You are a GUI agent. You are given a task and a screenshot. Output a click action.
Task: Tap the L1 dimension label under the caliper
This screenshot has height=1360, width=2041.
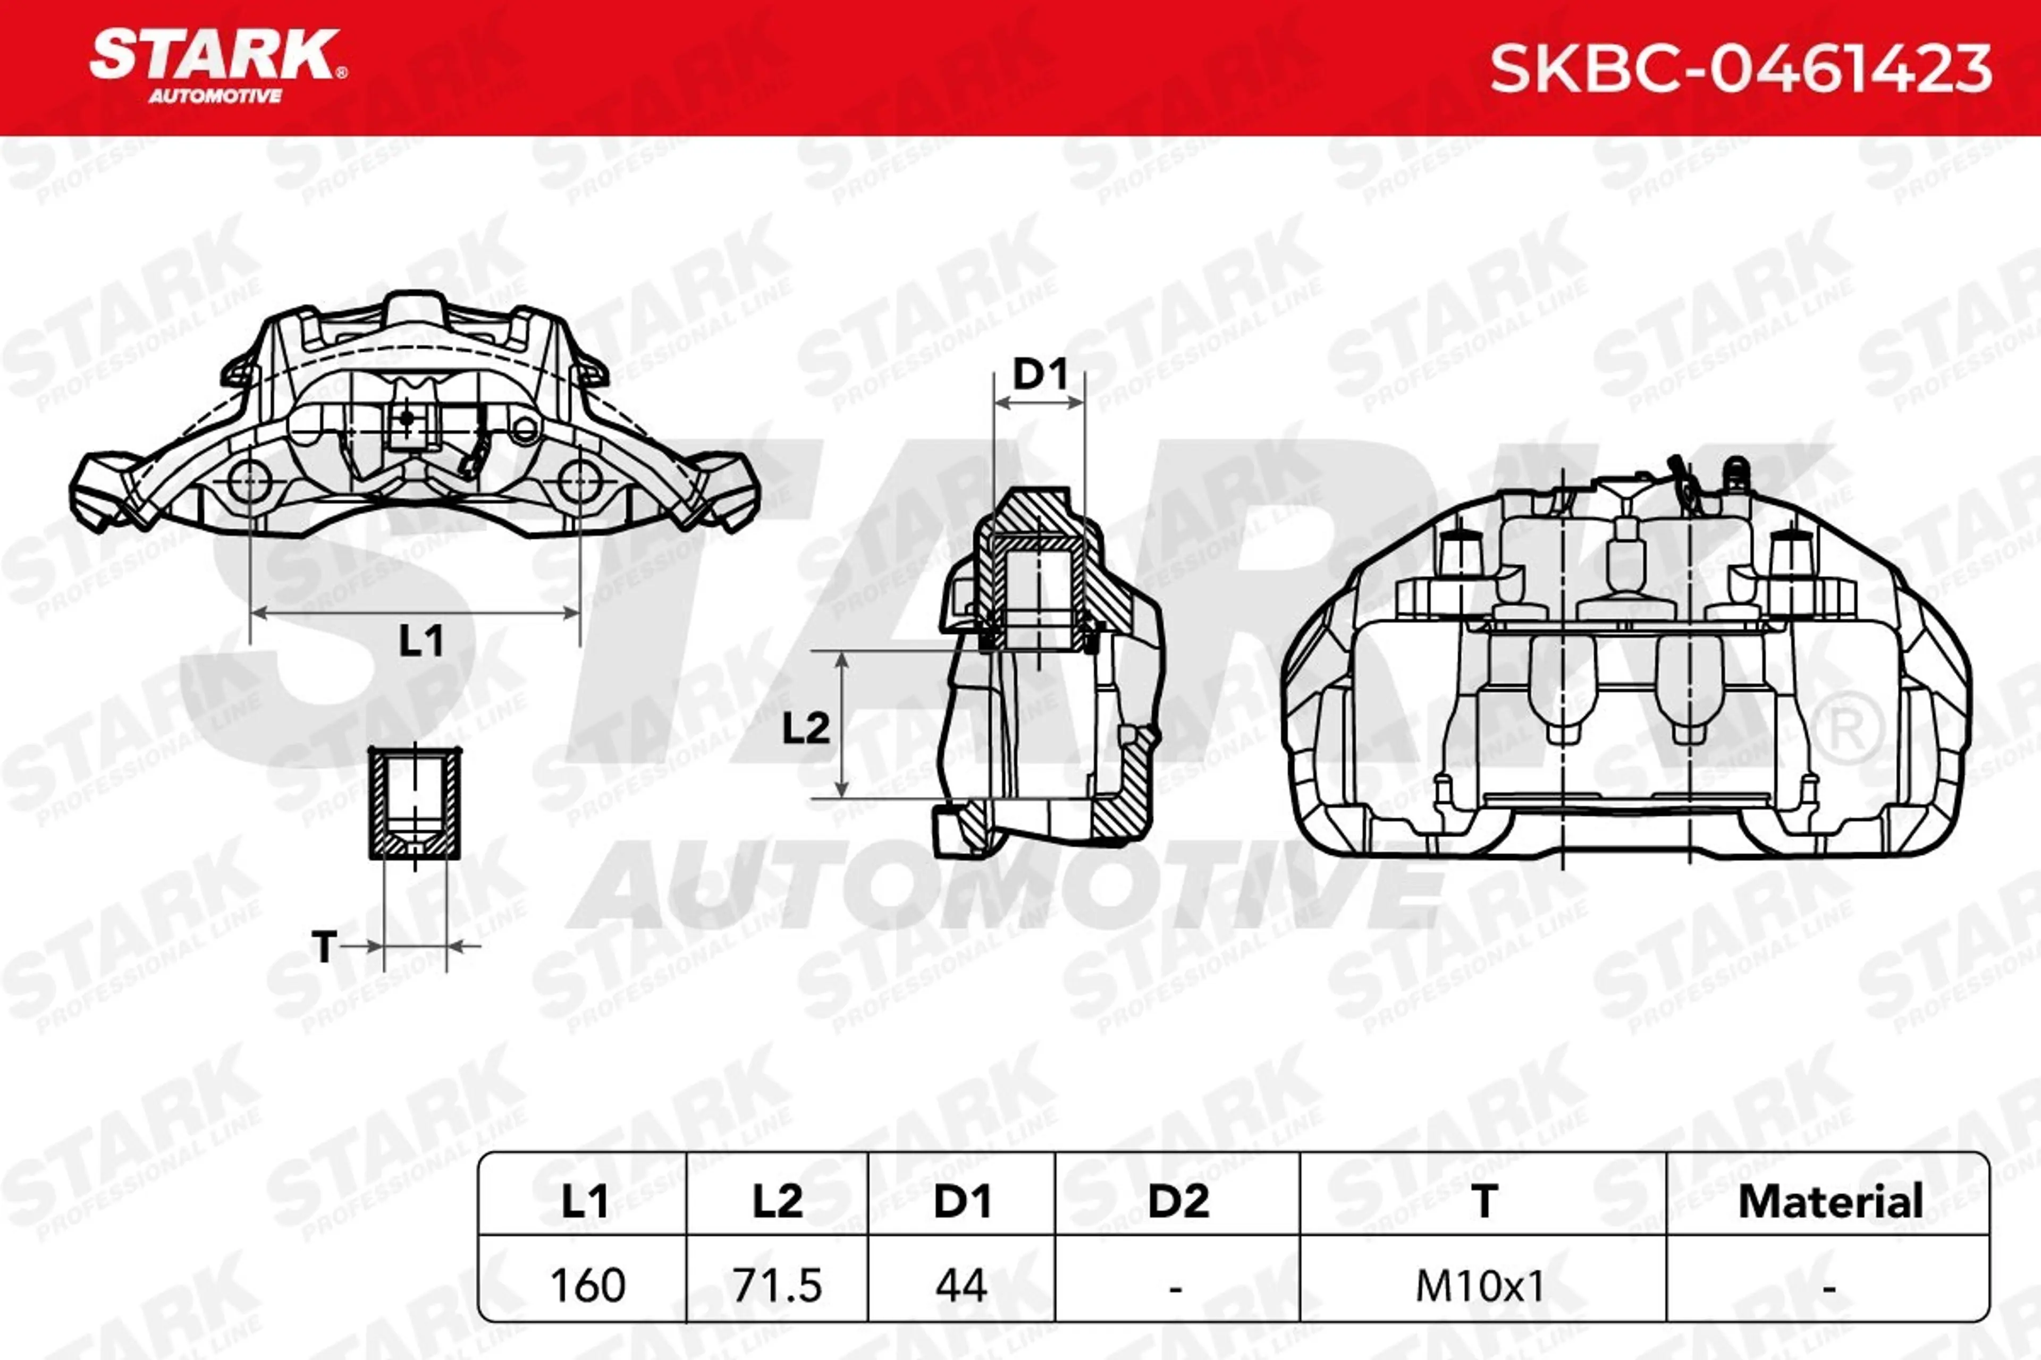421,641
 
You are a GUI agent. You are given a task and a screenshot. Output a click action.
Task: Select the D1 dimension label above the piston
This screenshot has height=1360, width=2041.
1040,375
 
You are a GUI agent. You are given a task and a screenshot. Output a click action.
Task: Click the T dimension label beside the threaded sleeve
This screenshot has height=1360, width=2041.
324,946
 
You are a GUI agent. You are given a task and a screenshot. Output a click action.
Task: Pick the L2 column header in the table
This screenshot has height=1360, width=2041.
778,1201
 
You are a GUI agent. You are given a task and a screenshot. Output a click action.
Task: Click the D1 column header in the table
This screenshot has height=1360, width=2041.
962,1201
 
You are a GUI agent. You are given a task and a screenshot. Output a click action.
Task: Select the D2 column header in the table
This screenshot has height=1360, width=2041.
1178,1201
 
